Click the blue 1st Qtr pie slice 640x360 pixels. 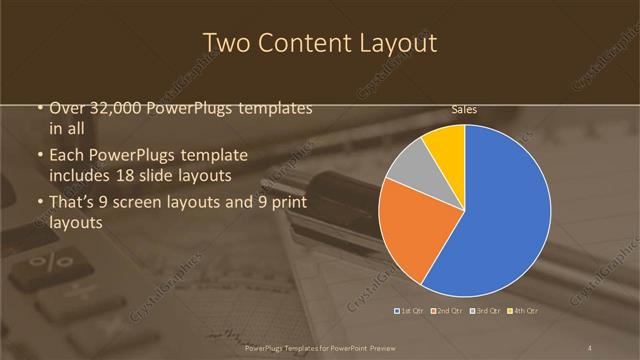[500, 210]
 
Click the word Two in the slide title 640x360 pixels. [225, 43]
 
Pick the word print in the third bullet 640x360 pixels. [287, 203]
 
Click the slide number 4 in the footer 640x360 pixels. [591, 348]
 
